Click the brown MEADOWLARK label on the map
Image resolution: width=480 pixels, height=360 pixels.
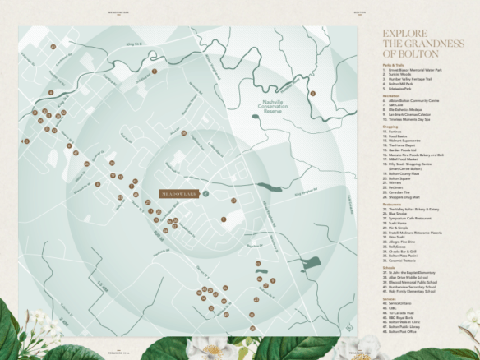(x=179, y=193)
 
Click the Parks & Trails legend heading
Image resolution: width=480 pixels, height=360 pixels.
(x=394, y=64)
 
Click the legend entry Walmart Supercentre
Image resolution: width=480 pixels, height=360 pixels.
(x=408, y=141)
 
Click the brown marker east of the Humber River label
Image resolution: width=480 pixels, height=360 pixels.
(x=312, y=93)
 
